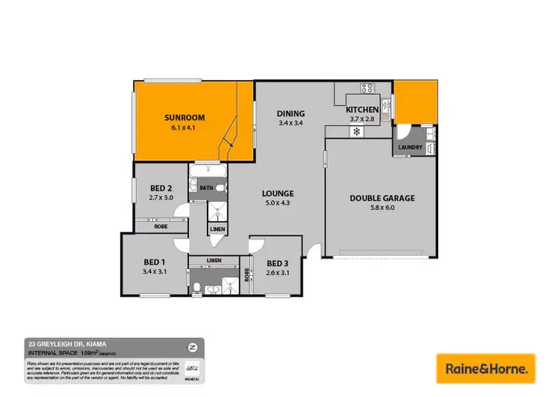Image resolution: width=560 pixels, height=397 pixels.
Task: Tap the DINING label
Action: click(x=290, y=114)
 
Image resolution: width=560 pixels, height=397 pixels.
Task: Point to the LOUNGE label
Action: click(x=277, y=193)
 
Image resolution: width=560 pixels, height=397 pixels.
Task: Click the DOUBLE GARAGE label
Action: click(x=382, y=198)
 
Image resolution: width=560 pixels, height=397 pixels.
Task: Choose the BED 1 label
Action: click(x=154, y=262)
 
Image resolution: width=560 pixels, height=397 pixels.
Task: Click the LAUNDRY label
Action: click(x=411, y=147)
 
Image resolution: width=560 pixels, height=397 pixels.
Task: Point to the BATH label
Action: click(x=206, y=188)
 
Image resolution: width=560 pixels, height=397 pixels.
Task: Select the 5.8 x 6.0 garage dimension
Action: click(x=382, y=208)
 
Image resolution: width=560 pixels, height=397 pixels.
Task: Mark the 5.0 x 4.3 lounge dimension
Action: click(x=277, y=203)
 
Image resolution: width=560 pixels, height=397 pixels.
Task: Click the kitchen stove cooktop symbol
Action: click(x=367, y=88)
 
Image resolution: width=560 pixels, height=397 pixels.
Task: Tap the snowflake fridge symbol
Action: click(x=357, y=132)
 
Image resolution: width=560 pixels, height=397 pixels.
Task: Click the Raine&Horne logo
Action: click(x=485, y=368)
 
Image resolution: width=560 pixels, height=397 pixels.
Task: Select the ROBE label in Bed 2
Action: click(x=159, y=224)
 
